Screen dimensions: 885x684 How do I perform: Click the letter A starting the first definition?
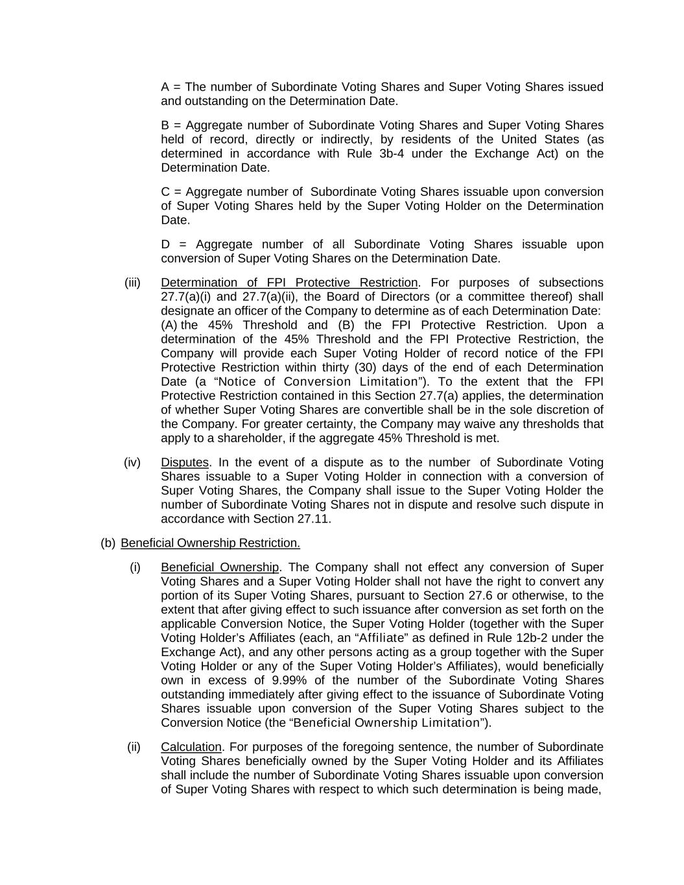click(x=165, y=87)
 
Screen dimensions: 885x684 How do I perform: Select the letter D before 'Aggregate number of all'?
click(x=166, y=244)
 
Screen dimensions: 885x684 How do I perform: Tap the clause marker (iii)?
click(x=132, y=283)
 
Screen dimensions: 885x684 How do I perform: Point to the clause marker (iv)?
click(x=132, y=462)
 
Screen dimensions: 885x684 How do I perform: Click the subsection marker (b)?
click(x=108, y=543)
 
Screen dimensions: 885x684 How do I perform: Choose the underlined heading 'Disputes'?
click(x=185, y=462)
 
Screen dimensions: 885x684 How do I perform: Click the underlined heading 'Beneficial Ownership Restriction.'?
click(x=210, y=543)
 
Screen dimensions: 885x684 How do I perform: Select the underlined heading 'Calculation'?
click(x=191, y=747)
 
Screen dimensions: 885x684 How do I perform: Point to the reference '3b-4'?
click(x=392, y=154)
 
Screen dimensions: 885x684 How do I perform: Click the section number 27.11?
click(x=314, y=519)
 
